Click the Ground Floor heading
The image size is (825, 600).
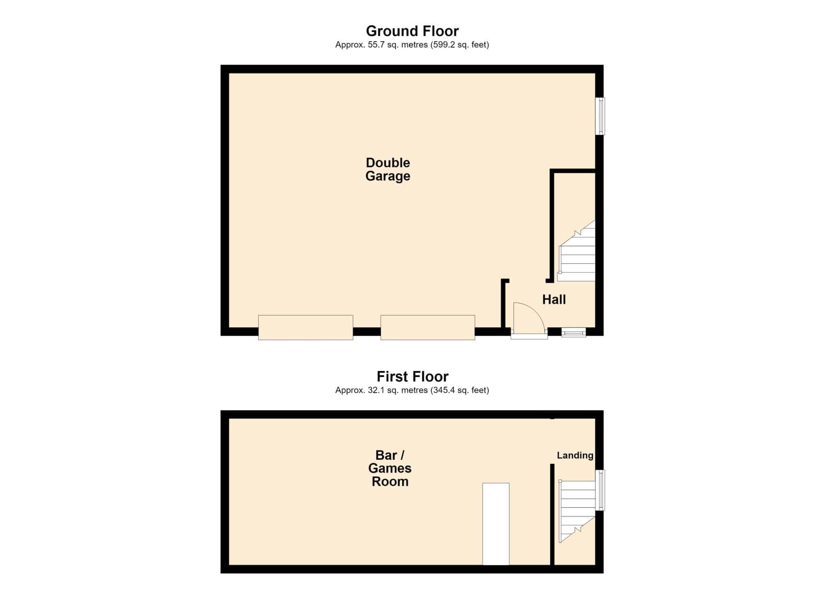click(412, 31)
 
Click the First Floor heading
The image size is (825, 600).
click(412, 376)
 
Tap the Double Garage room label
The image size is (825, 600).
click(388, 169)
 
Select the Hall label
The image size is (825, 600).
click(554, 299)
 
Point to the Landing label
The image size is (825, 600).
click(575, 455)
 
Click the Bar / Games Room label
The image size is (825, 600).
click(390, 468)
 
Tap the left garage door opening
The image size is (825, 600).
click(305, 328)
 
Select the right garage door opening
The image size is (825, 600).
click(427, 328)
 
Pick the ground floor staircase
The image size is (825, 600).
click(576, 251)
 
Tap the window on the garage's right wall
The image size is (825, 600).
click(600, 116)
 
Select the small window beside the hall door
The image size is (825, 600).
click(574, 332)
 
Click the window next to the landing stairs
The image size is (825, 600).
click(600, 490)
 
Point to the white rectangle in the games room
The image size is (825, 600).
click(496, 524)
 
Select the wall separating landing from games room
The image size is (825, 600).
click(552, 515)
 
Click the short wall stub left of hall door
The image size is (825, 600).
click(504, 304)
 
